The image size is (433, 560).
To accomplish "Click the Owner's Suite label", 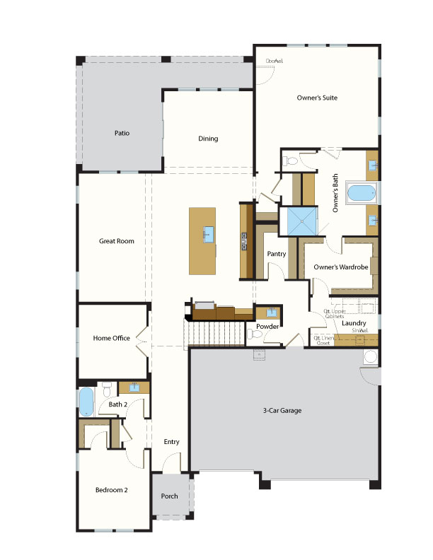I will click(316, 98).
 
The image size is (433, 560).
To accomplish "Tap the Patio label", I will click(122, 132).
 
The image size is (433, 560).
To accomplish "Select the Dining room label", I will click(207, 139).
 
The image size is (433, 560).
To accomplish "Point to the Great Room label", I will click(116, 241).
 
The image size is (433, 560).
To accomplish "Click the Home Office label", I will click(111, 338).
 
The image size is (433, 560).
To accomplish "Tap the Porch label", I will click(169, 496).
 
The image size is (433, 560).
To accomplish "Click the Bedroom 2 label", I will click(111, 489).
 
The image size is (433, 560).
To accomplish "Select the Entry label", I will click(171, 442).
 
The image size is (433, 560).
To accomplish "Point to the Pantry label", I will click(275, 253).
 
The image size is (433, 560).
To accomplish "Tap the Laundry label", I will click(353, 323).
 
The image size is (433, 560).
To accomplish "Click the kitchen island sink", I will click(209, 234).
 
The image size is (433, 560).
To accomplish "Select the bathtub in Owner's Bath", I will click(362, 192).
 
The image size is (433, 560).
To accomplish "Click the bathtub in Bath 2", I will click(86, 402).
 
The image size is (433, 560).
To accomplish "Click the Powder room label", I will click(267, 326).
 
